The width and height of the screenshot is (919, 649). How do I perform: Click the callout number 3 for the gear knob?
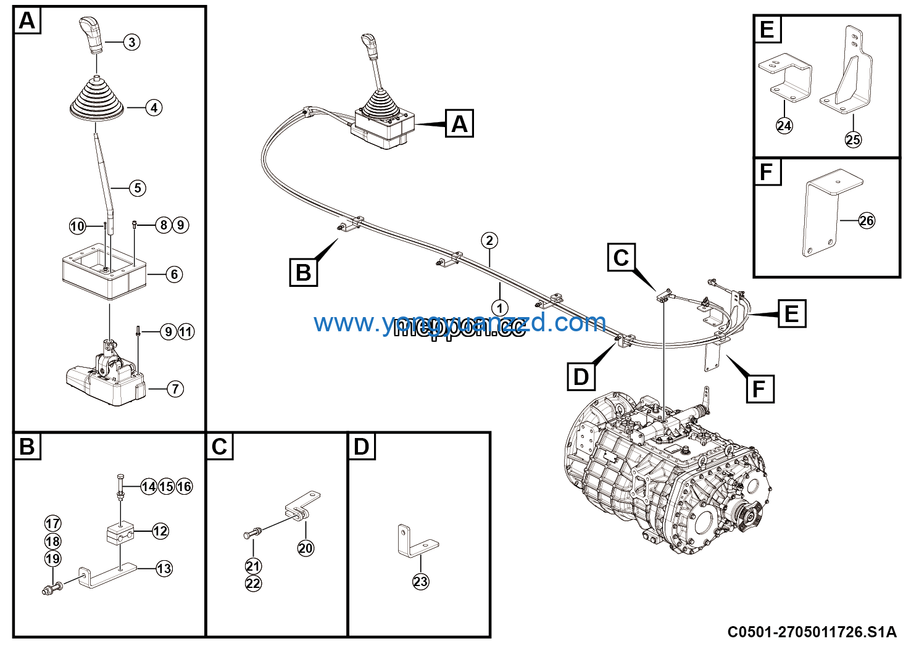tap(131, 42)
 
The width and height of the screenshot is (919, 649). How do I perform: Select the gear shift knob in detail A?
tap(93, 35)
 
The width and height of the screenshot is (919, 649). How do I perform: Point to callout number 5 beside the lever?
tap(138, 188)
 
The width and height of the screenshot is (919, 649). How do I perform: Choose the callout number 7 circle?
tap(175, 389)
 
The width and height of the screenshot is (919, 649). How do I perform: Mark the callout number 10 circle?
tap(77, 226)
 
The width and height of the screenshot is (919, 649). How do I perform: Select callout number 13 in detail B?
tap(164, 569)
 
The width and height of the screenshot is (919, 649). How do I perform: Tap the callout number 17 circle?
tap(53, 524)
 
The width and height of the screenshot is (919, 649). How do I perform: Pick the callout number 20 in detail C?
tap(306, 548)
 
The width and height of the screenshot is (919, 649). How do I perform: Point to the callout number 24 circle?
tap(784, 126)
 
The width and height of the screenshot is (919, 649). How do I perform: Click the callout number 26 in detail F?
tap(867, 221)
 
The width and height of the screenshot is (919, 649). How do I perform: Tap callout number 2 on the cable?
tap(489, 241)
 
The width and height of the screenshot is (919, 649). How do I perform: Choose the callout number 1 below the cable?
tap(499, 308)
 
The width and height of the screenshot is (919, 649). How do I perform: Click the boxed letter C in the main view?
tap(622, 258)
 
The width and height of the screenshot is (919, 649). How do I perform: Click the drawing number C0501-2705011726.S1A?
tap(812, 632)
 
